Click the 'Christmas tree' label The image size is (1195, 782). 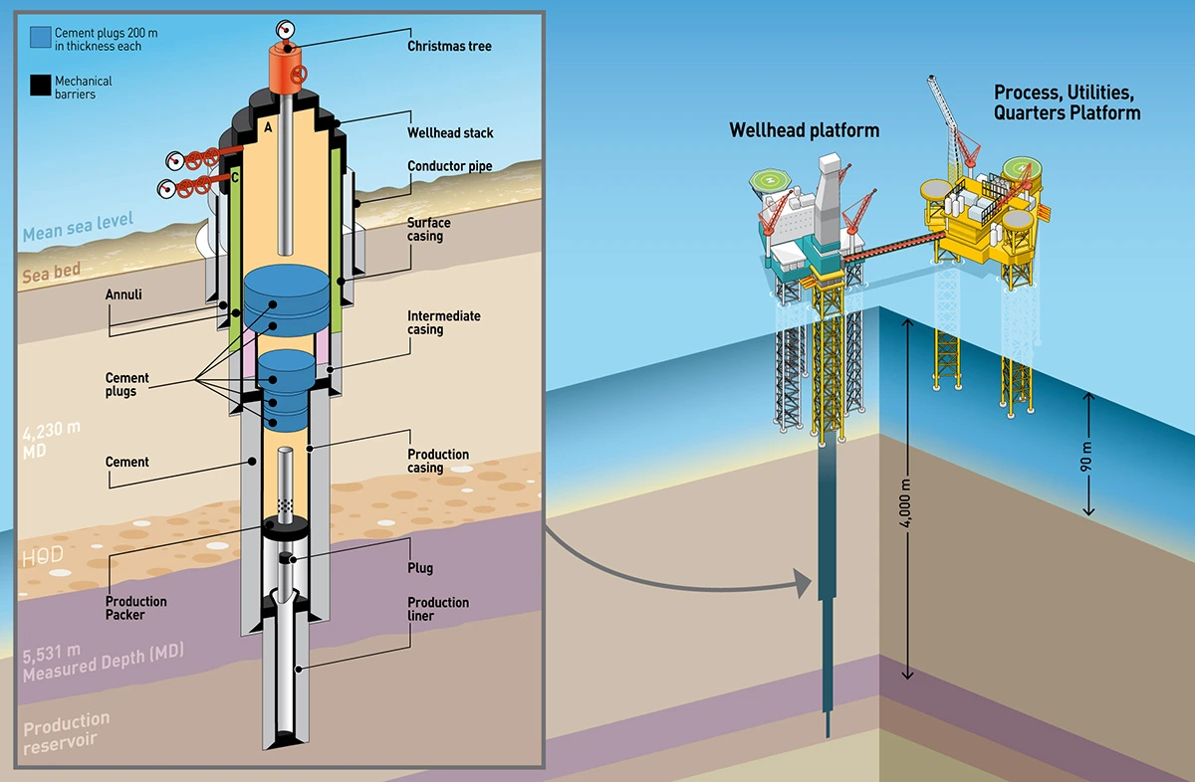click(x=449, y=46)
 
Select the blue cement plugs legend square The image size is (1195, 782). click(x=41, y=38)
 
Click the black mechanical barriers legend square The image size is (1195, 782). click(x=41, y=87)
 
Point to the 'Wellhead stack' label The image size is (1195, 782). click(x=450, y=132)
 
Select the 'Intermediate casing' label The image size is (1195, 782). click(x=443, y=322)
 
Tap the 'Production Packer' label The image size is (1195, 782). click(x=136, y=608)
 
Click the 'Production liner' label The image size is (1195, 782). click(x=438, y=609)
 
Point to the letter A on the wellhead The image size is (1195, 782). click(x=268, y=128)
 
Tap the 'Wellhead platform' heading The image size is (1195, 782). click(x=805, y=130)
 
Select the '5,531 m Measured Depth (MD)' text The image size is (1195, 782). click(x=100, y=666)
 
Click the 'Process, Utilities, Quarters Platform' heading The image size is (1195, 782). click(x=1067, y=102)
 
